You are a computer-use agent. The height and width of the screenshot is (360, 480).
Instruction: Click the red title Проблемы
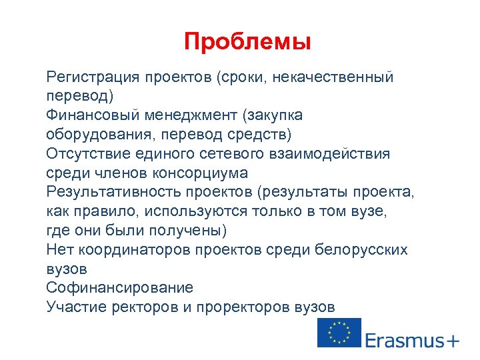[x=247, y=42]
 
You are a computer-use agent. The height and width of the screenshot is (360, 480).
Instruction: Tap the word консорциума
[x=199, y=173]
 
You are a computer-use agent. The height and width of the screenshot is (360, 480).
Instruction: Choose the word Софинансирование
[x=120, y=288]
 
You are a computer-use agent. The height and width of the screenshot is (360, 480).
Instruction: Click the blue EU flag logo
[x=339, y=333]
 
